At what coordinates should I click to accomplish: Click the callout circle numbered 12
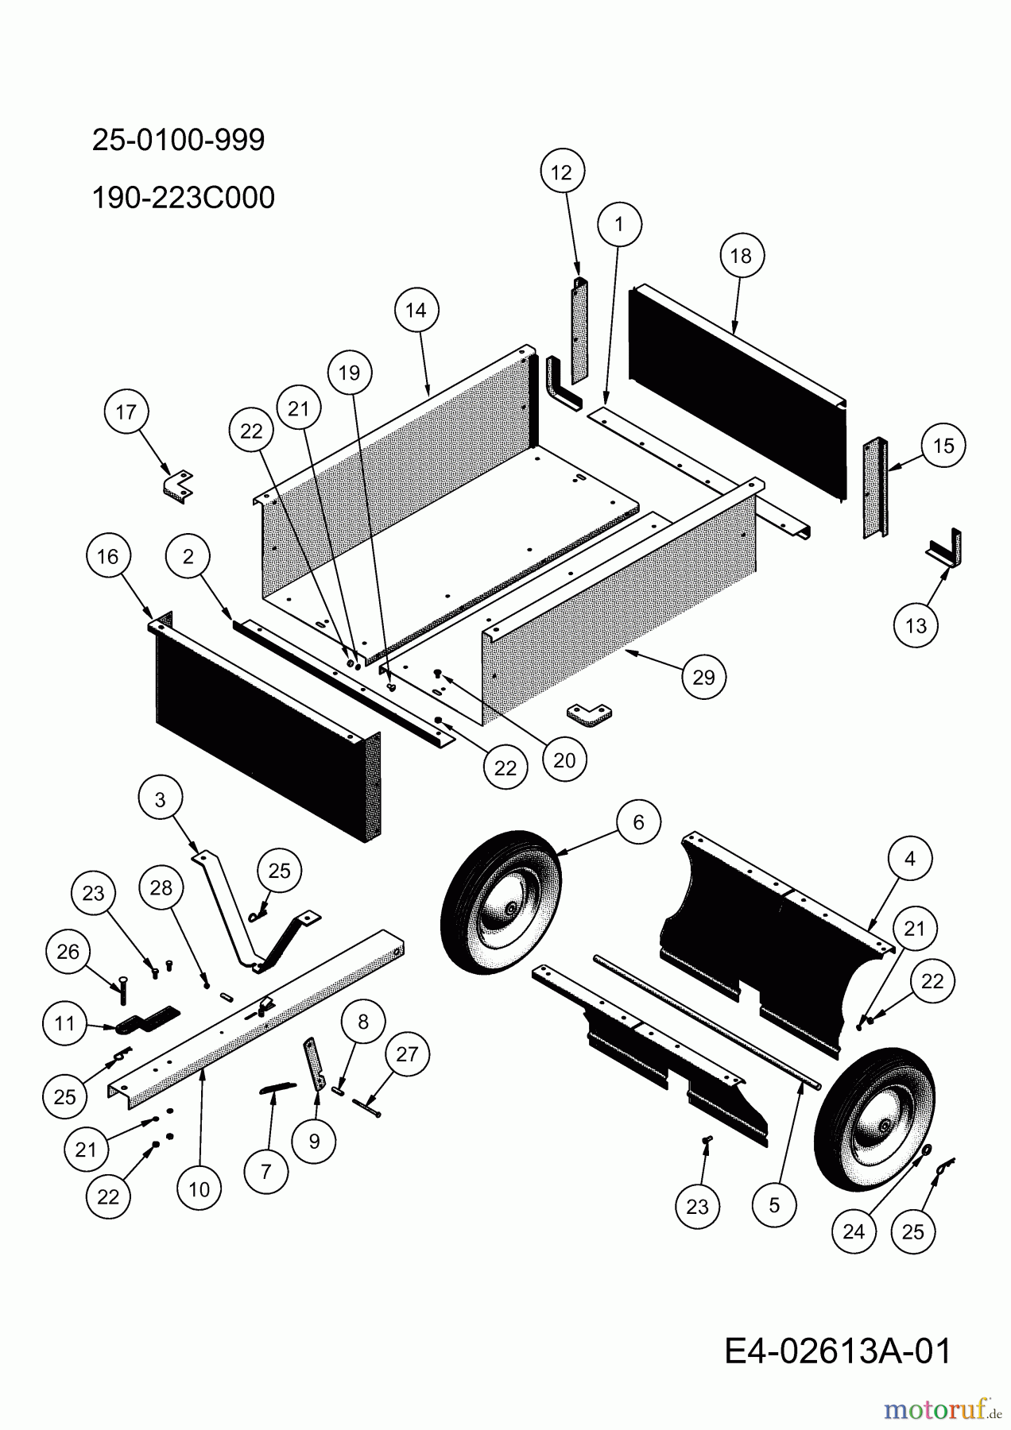pos(561,172)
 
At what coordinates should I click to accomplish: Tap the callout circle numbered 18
pos(741,256)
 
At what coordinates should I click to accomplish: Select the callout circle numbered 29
pos(703,677)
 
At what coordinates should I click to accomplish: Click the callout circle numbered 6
pos(639,822)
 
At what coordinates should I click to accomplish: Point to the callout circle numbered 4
pos(910,858)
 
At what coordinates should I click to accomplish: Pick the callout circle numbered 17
pos(126,412)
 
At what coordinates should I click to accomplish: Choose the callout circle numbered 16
pos(108,556)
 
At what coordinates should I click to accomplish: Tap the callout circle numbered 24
pos(854,1231)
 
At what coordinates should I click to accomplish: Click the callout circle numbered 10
pos(199,1188)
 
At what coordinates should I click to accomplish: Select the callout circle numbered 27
pos(406,1054)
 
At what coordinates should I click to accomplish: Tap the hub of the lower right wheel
pos(884,1127)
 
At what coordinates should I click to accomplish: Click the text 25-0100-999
pos(178,140)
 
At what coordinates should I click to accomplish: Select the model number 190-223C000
pos(183,197)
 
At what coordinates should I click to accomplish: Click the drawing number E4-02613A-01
pos(837,1351)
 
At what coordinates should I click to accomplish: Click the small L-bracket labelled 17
pos(179,486)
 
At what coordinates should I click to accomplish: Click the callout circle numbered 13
pos(916,625)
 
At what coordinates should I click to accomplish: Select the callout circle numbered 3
pos(161,799)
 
